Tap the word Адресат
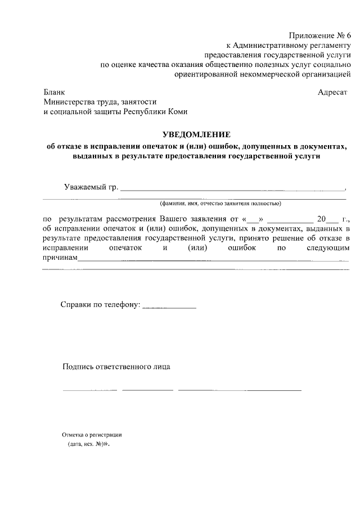(x=332, y=92)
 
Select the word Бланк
(x=54, y=92)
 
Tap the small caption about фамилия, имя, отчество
(x=220, y=203)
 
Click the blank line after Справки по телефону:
(x=169, y=307)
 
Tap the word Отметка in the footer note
(x=73, y=435)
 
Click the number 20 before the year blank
(x=321, y=218)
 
